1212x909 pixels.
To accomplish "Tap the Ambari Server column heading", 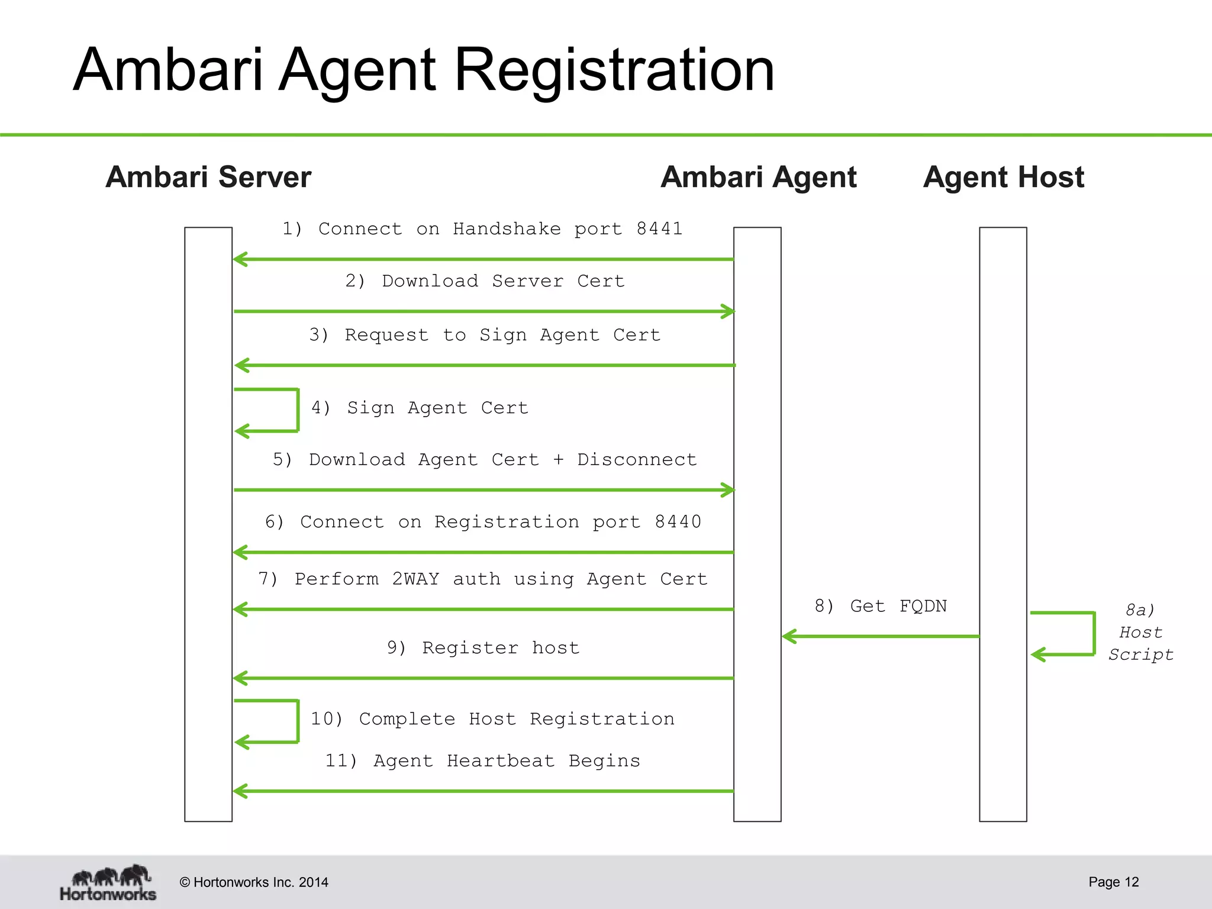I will (x=208, y=177).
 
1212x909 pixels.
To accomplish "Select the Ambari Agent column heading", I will (x=758, y=177).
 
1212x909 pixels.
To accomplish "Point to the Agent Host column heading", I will (x=1003, y=177).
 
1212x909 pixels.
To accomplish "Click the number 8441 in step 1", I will (x=659, y=228).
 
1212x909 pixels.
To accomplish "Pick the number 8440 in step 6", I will (x=678, y=521).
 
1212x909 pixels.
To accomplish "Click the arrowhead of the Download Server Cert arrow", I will (x=727, y=311).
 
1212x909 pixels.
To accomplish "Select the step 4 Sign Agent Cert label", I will (x=420, y=408).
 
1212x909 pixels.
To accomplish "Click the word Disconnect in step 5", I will (x=637, y=459).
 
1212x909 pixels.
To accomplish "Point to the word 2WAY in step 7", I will (x=415, y=579).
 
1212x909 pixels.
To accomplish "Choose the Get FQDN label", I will (x=881, y=606).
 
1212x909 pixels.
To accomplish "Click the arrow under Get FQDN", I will (x=881, y=637).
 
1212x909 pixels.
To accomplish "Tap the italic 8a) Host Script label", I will (x=1140, y=633).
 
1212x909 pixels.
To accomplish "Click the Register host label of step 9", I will (x=483, y=647).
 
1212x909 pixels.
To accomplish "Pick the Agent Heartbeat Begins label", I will (x=482, y=760).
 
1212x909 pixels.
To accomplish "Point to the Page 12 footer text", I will (x=1113, y=882).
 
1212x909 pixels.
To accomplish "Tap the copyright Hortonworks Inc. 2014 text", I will (x=254, y=882).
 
